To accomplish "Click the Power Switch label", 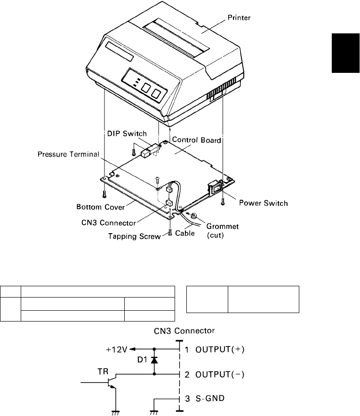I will [263, 203].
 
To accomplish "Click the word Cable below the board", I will [185, 233].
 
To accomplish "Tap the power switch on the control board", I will [214, 189].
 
